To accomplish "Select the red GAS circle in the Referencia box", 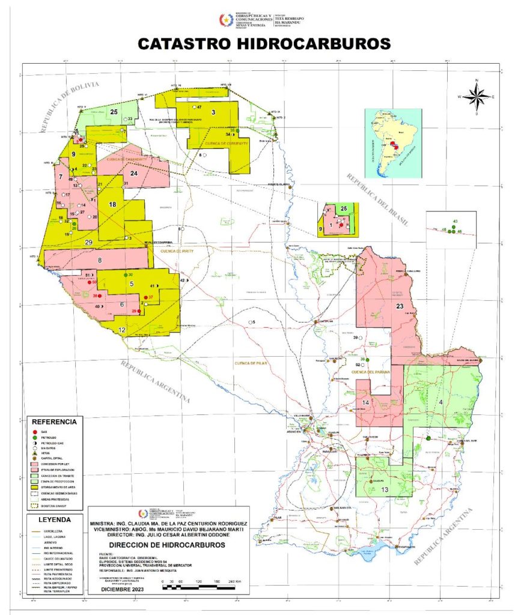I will click(35, 431).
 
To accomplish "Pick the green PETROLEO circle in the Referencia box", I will click(35, 437).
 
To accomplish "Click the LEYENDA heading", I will click(53, 520).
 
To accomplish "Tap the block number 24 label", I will click(135, 174).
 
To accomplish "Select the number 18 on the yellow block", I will click(112, 205).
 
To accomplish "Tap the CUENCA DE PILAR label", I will click(251, 363).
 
